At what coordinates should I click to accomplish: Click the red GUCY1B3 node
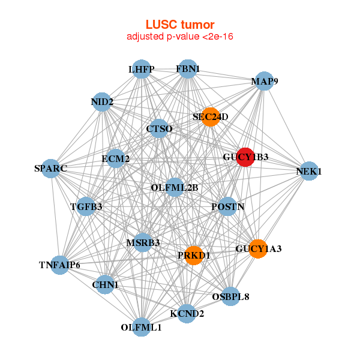tap(245, 157)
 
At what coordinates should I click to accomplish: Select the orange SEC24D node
tap(211, 117)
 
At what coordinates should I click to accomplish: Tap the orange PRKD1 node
tap(194, 255)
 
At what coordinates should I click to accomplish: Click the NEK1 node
tap(308, 171)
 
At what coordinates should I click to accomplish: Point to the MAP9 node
tap(264, 81)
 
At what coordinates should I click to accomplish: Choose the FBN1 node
tap(188, 69)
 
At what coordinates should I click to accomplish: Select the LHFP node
tap(141, 70)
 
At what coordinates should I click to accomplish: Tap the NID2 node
tap(103, 101)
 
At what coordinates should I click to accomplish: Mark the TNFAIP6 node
tap(59, 265)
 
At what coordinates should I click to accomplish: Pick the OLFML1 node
tap(141, 327)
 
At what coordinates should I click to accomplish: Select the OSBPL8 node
tap(230, 296)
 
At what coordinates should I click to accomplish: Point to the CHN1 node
tap(105, 285)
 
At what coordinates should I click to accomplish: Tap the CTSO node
tap(159, 128)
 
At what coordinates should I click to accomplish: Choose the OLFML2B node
tap(175, 187)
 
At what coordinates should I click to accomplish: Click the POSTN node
tap(227, 207)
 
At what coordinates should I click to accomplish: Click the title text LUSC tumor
tap(180, 25)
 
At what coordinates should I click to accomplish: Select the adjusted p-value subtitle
tap(180, 37)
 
